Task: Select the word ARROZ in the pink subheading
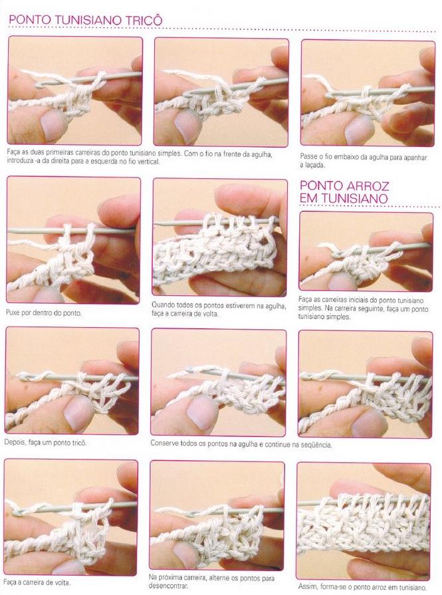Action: pyautogui.click(x=366, y=186)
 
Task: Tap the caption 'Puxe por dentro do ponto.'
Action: pyautogui.click(x=44, y=313)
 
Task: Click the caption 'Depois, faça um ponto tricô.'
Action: pyautogui.click(x=45, y=443)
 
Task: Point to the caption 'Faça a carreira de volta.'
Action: pyautogui.click(x=37, y=582)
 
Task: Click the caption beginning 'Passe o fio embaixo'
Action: pyautogui.click(x=363, y=161)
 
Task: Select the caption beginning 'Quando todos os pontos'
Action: pyautogui.click(x=219, y=309)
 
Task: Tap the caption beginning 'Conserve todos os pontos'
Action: pyautogui.click(x=241, y=443)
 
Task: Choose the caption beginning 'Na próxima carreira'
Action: pyautogui.click(x=211, y=582)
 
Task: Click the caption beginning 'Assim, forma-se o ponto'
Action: pyautogui.click(x=364, y=587)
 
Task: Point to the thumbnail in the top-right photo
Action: pyautogui.click(x=358, y=130)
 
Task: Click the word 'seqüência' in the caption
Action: pyautogui.click(x=317, y=444)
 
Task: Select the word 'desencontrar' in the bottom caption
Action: pyautogui.click(x=168, y=586)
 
